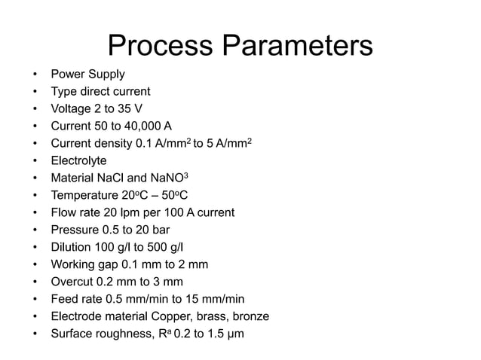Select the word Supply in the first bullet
click(106, 74)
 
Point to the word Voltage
click(72, 108)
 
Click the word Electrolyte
click(78, 160)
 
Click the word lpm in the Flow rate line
click(138, 212)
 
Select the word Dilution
click(71, 247)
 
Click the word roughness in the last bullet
click(124, 334)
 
